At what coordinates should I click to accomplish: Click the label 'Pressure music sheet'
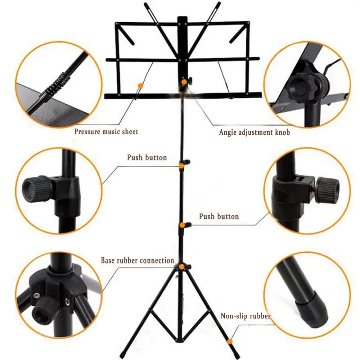(106, 132)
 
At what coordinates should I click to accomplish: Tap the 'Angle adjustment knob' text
(254, 132)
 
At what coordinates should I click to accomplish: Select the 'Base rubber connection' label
(138, 260)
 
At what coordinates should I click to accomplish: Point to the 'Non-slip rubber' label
(245, 316)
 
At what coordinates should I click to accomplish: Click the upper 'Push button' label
(147, 157)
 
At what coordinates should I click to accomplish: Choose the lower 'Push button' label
(219, 216)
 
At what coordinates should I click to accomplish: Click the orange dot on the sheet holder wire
(140, 86)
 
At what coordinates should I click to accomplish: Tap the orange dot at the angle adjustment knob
(184, 82)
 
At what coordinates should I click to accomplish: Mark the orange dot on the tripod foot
(230, 342)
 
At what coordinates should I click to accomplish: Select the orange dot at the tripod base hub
(182, 267)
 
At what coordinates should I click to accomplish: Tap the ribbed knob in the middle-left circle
(36, 188)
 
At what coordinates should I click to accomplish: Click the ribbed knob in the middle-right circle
(328, 190)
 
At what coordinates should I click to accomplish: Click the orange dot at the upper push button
(181, 166)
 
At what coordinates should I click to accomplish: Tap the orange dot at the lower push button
(182, 225)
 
